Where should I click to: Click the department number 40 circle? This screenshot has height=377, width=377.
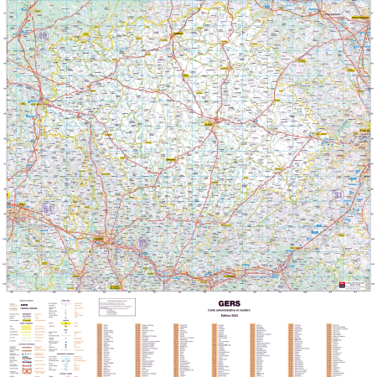click(x=42, y=36)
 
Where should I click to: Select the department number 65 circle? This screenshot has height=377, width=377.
click(x=143, y=243)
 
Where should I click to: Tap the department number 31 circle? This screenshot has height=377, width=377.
click(x=338, y=194)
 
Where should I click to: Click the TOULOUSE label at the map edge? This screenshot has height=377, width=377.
click(x=365, y=132)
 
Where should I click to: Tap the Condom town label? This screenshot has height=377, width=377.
click(x=178, y=35)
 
